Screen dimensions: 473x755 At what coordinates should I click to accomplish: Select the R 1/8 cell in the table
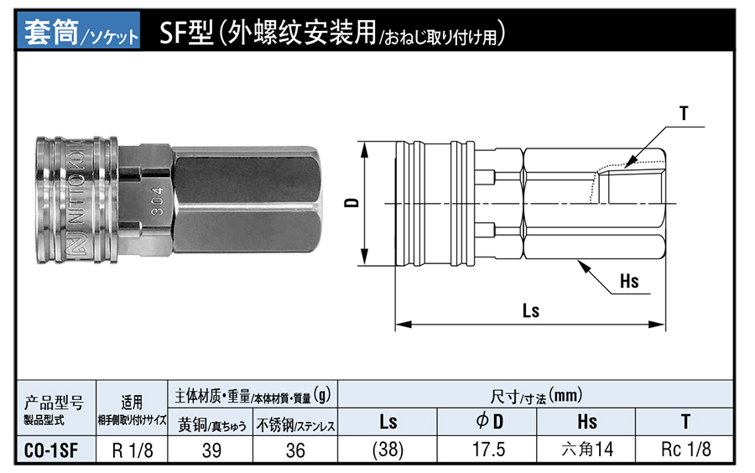[x=133, y=450]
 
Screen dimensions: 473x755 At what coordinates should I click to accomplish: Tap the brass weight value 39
[x=211, y=450]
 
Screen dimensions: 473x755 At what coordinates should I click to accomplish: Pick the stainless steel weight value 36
[x=295, y=450]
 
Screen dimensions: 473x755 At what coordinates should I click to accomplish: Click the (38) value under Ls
[x=388, y=450]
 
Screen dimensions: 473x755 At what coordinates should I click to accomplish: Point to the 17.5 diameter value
[x=488, y=450]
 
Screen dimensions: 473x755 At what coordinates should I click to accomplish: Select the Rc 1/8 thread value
[x=686, y=450]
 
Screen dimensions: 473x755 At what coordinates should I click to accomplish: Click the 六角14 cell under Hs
[x=587, y=450]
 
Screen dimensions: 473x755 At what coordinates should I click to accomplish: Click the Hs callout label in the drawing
[x=629, y=281]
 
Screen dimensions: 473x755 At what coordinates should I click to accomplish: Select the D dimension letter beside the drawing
[x=353, y=202]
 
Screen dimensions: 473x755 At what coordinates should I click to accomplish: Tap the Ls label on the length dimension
[x=530, y=310]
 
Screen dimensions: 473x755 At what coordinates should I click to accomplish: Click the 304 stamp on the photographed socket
[x=157, y=202]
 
